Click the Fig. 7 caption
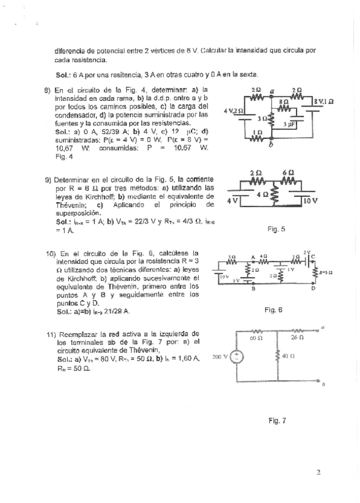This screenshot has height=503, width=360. [277, 421]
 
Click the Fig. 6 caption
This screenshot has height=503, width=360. [273, 310]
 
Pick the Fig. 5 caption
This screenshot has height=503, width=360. [276, 228]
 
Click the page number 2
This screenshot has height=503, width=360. [318, 472]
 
